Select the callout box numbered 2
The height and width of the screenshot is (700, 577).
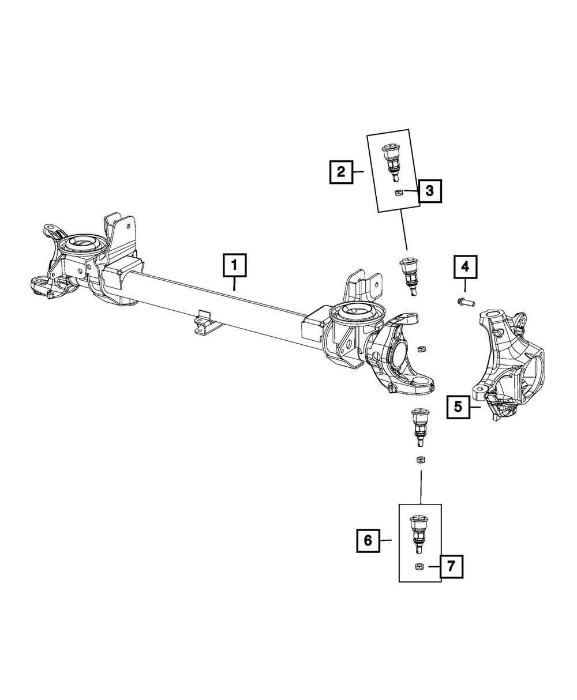point(341,172)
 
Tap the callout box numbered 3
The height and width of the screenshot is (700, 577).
point(430,190)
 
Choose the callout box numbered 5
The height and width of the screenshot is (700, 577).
point(458,407)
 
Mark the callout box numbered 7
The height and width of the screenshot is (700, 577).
point(451,566)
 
